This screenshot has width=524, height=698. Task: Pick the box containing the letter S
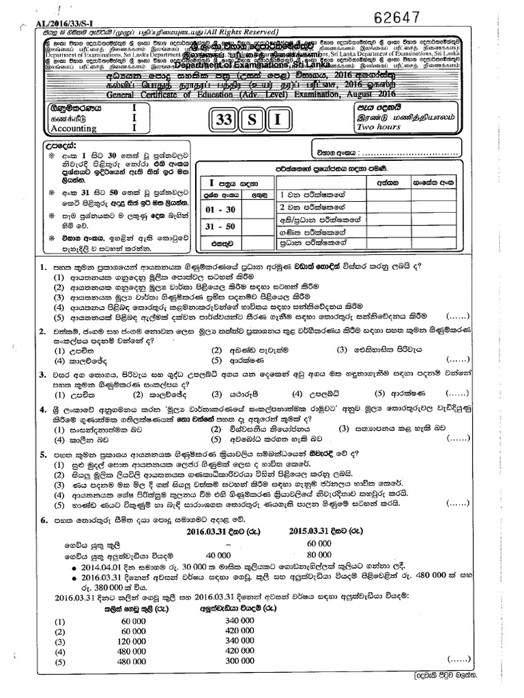251,121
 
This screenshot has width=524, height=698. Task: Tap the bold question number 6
42,519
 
